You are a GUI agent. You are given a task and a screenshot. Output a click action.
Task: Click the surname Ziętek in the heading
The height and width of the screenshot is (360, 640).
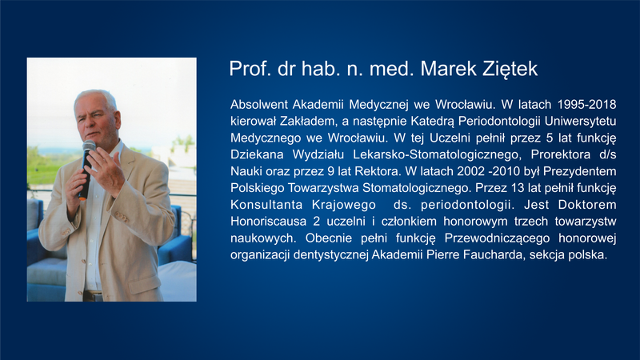pyautogui.click(x=510, y=69)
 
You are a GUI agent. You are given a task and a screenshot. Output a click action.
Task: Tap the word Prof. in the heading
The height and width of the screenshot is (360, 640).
pyautogui.click(x=250, y=69)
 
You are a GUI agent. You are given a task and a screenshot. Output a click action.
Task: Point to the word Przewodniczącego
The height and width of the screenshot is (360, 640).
pyautogui.click(x=497, y=238)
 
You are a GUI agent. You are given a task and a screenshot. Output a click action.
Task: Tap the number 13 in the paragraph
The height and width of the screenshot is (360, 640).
pyautogui.click(x=517, y=188)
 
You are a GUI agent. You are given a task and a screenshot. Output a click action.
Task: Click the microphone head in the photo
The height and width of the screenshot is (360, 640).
pyautogui.click(x=89, y=146)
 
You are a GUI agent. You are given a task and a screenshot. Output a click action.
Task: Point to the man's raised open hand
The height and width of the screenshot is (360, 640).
pyautogui.click(x=107, y=169)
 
